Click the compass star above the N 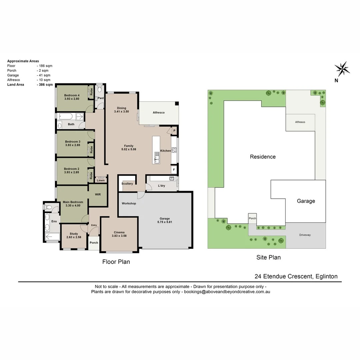[342, 69]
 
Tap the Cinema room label [119, 232]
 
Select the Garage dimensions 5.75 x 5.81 [165, 222]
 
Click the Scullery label [127, 184]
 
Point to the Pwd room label [101, 98]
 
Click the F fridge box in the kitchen [174, 170]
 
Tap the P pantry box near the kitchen [174, 131]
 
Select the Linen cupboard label [101, 180]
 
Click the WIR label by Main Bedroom [98, 194]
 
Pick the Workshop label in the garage [129, 203]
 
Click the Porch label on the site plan [252, 218]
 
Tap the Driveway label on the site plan [305, 235]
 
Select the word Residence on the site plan [263, 157]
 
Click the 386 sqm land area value [45, 84]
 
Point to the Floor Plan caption [116, 262]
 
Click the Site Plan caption [268, 257]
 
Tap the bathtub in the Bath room [66, 116]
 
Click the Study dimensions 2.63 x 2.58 [74, 237]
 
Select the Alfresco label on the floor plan [159, 113]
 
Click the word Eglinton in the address [326, 276]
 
